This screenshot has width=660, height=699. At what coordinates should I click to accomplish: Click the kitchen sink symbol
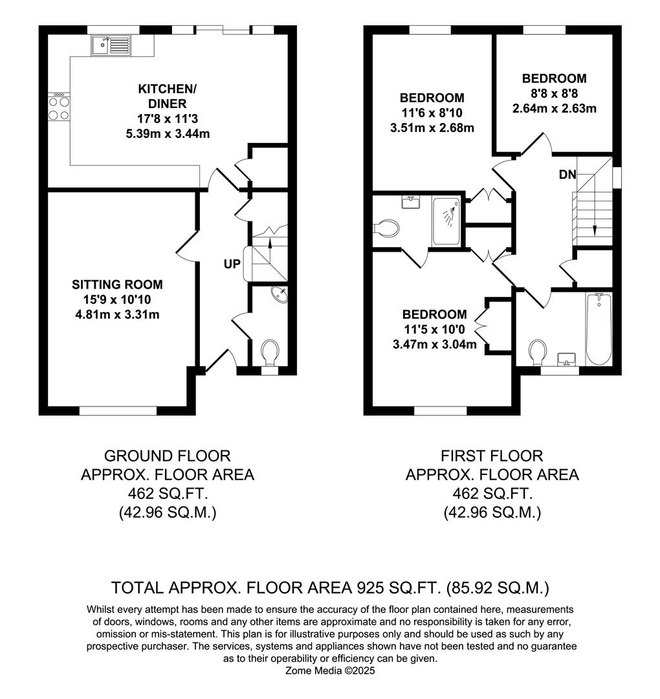tap(111, 45)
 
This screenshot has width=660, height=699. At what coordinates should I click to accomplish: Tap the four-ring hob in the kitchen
tap(59, 107)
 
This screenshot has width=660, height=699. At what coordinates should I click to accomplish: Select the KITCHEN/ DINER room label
tap(167, 96)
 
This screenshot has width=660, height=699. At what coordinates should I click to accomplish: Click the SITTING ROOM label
tap(117, 284)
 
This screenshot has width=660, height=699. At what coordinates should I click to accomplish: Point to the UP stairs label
tap(232, 264)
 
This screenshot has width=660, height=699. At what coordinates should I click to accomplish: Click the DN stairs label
tap(567, 175)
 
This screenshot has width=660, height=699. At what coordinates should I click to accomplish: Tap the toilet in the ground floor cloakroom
tap(270, 351)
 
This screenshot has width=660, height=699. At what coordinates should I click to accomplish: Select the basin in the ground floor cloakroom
tap(280, 294)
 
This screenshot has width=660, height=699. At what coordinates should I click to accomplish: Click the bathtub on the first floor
tap(599, 329)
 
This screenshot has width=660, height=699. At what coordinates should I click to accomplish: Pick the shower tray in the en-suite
tap(446, 221)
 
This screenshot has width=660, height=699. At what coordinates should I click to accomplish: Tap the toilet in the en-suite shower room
tap(386, 227)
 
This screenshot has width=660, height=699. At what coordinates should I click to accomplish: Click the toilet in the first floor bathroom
tap(538, 352)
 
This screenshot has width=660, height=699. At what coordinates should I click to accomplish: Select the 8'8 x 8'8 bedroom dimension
tap(554, 94)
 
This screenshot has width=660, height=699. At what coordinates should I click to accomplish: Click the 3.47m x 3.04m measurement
tap(435, 344)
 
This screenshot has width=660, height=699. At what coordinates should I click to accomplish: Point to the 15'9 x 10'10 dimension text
tap(117, 300)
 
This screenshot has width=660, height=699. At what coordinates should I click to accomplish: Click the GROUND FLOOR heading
tap(168, 456)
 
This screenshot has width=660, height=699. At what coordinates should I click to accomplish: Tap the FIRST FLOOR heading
tap(492, 456)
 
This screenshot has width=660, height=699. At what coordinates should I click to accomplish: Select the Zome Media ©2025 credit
tap(330, 671)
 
